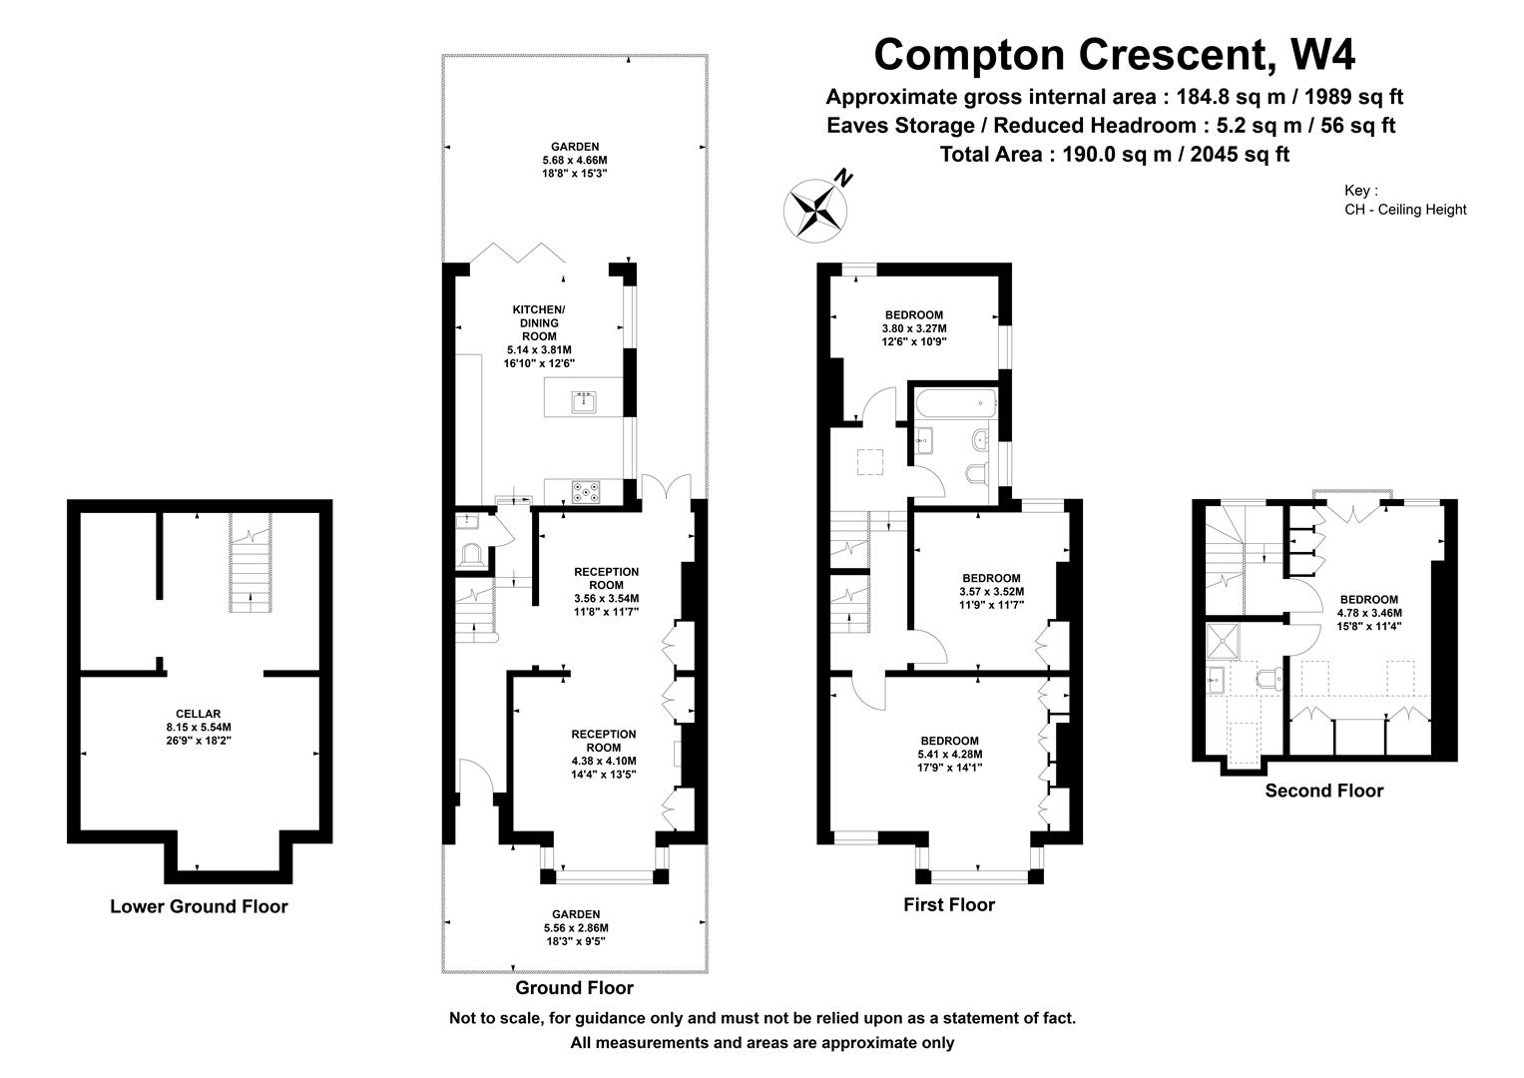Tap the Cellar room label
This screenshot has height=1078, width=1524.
[x=198, y=714]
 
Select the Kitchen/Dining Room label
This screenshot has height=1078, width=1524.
[x=539, y=322]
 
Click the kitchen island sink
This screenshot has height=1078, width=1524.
[x=584, y=402]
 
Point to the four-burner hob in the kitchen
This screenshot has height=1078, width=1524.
[x=585, y=492]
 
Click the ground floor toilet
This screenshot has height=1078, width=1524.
[x=472, y=555]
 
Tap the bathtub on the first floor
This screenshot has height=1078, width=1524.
[x=956, y=403]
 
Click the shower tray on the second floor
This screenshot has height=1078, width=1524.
[x=1223, y=641]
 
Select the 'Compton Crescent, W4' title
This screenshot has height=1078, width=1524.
[x=1115, y=55]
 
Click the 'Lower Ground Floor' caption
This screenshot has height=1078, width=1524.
[x=199, y=906]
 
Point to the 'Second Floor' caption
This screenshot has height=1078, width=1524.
[x=1324, y=791]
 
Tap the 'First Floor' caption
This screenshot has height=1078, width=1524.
[x=949, y=904]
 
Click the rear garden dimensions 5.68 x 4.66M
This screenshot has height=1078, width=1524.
[x=575, y=160]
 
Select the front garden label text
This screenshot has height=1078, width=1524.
[x=576, y=914]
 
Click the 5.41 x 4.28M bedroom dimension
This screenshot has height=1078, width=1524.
[x=950, y=754]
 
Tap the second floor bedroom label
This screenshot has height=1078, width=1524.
[x=1369, y=600]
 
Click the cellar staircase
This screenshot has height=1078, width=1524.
[x=251, y=563]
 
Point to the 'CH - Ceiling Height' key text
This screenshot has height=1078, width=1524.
[x=1405, y=210]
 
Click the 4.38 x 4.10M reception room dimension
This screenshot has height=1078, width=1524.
[x=604, y=761]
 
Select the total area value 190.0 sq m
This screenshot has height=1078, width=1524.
[x=1117, y=155]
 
